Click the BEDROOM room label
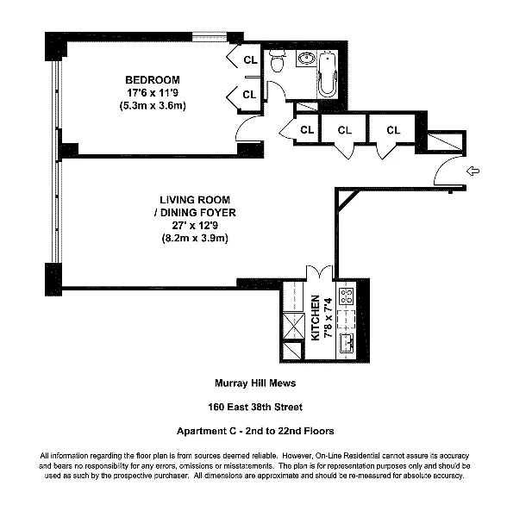point(153,80)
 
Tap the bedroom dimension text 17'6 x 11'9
point(153,93)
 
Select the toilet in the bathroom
point(277,61)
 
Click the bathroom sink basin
point(307,59)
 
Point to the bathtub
point(328,74)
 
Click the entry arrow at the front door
point(473,171)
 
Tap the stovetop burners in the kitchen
point(347,296)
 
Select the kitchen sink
point(347,343)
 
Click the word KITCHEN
point(316,317)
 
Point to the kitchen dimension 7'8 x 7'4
point(329,317)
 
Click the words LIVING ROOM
point(195,200)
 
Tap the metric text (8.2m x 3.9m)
point(195,238)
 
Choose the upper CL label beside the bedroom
point(250,60)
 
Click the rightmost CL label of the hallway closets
point(393,130)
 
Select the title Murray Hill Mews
point(255,383)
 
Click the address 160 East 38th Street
point(255,408)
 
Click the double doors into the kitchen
point(319,272)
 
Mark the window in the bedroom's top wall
point(210,36)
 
